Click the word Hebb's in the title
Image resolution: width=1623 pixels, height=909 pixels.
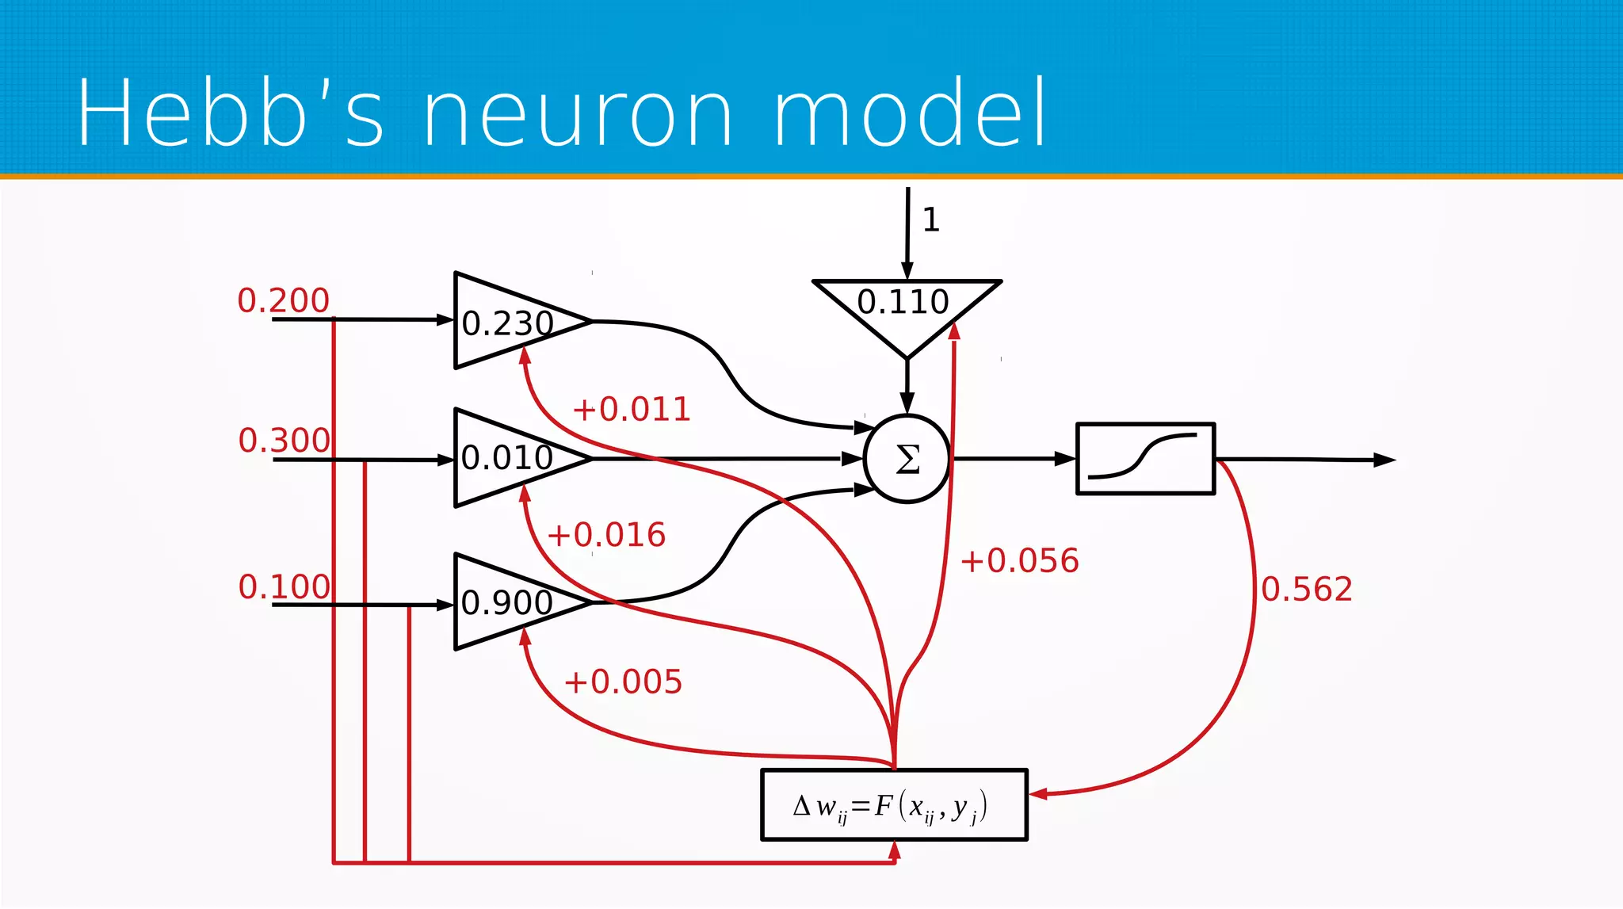[230, 113]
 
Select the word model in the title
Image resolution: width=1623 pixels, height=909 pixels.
[910, 113]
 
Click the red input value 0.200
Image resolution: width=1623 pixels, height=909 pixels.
[283, 300]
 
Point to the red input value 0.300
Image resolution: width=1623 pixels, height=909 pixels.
[284, 440]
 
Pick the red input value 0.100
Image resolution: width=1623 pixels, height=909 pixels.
[284, 586]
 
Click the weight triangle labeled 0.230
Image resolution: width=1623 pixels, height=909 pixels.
[507, 322]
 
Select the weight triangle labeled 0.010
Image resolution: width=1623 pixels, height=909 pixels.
[507, 457]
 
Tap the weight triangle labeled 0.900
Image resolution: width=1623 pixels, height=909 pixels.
[507, 602]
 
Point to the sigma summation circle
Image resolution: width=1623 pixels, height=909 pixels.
[907, 459]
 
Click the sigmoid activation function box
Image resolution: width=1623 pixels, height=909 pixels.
[1145, 459]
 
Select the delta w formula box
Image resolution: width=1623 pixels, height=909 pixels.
[894, 805]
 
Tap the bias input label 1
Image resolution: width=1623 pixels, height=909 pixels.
[931, 220]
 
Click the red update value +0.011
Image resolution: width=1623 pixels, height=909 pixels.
[632, 410]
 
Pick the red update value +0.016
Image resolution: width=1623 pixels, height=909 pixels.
[606, 535]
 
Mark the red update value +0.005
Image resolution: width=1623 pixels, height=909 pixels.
[623, 682]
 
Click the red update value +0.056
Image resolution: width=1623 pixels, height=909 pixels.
[1019, 560]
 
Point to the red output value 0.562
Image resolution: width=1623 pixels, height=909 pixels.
[1306, 589]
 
